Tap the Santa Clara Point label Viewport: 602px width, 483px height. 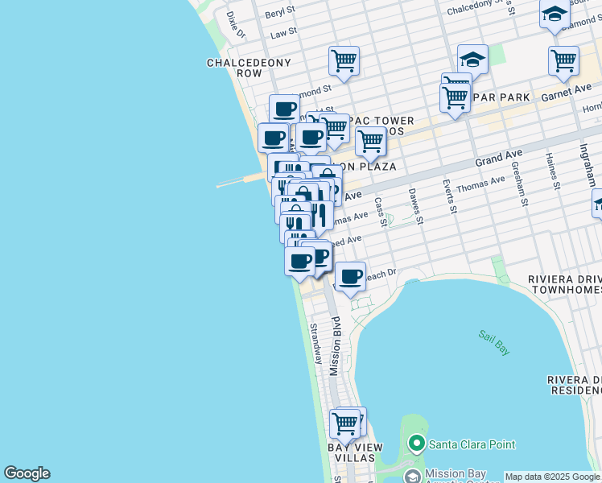coord(472,444)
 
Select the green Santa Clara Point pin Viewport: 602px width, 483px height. coord(416,444)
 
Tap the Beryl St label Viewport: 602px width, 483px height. coord(280,13)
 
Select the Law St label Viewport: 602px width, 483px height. coord(283,34)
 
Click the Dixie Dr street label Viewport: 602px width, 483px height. coord(236,25)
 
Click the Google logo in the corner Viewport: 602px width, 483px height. coord(27,473)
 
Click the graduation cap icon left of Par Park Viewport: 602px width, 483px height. coord(472,58)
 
